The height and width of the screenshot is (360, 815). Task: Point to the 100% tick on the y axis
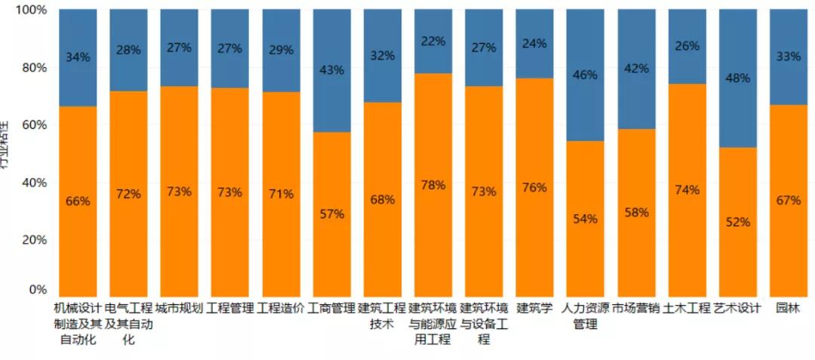(31, 10)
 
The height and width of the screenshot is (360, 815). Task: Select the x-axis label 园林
(788, 308)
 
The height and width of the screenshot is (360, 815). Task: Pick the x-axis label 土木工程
(687, 308)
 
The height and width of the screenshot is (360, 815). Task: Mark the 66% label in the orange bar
(78, 202)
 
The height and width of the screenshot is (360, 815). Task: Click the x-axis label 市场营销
(636, 308)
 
